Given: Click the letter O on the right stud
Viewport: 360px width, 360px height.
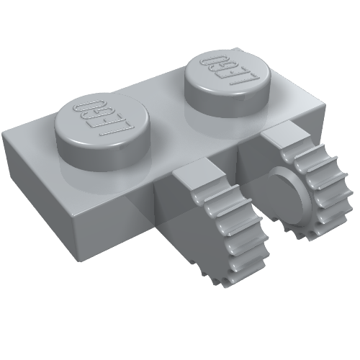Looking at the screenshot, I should coord(214,57).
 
